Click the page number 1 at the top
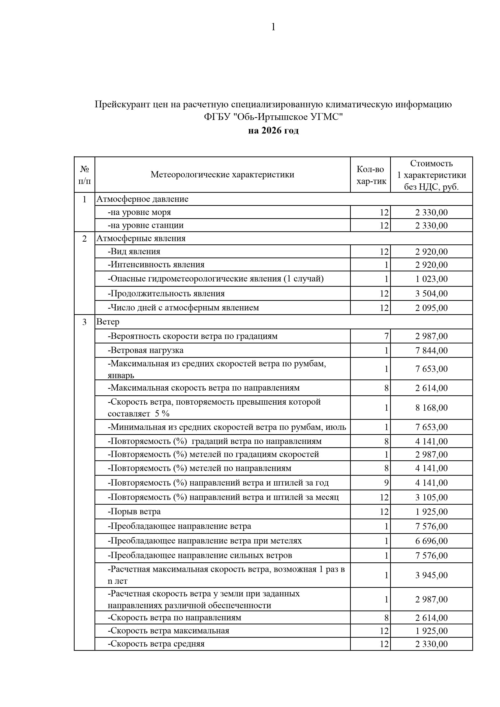click(x=273, y=27)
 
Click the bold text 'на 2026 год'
click(x=273, y=131)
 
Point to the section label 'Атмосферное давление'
click(x=142, y=199)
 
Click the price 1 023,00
click(x=431, y=279)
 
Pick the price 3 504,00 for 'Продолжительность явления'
click(x=431, y=294)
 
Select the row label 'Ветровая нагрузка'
click(x=145, y=350)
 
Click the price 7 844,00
click(x=431, y=350)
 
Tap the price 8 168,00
click(x=431, y=408)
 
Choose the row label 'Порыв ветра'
click(x=134, y=511)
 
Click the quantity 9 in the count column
click(x=386, y=483)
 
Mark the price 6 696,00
click(x=431, y=541)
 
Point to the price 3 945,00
click(x=431, y=575)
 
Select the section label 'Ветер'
click(x=108, y=322)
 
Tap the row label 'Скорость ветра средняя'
click(x=156, y=644)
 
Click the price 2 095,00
click(x=431, y=308)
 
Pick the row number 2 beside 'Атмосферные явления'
click(x=84, y=239)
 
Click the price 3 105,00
click(x=431, y=497)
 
